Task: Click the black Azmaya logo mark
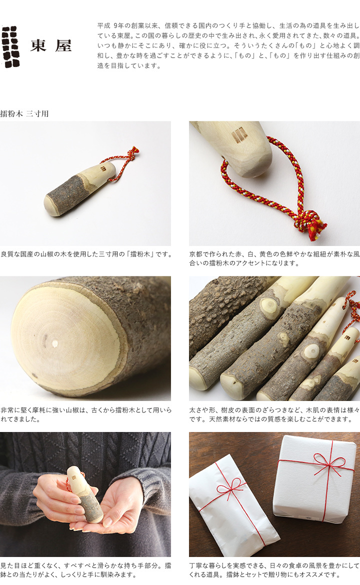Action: [10, 46]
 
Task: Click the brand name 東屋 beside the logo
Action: [51, 46]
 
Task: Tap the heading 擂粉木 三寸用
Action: [24, 114]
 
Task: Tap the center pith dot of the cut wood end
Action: [55, 343]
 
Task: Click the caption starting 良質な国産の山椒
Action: [86, 254]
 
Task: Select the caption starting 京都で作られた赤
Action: [274, 258]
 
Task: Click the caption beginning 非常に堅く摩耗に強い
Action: [86, 414]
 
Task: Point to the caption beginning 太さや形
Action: [274, 414]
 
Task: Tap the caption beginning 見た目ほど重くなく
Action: [86, 570]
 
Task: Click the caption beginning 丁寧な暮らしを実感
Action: [274, 570]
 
